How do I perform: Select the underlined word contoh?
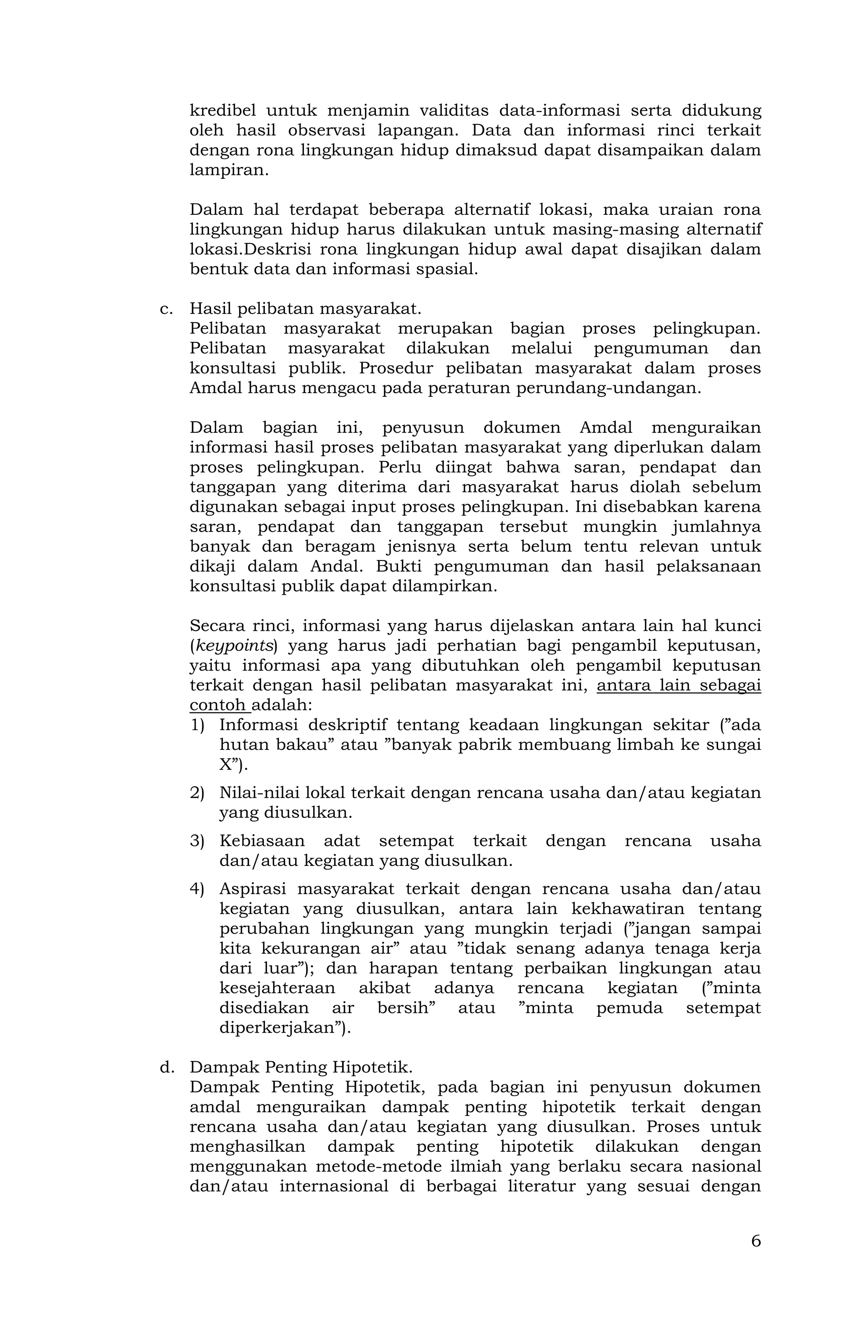pos(217,705)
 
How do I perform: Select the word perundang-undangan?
pos(608,388)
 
